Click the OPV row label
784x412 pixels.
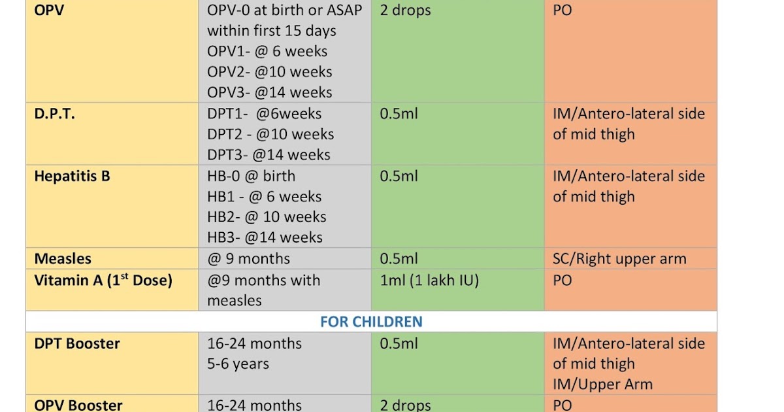pyautogui.click(x=49, y=11)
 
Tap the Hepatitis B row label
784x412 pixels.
pyautogui.click(x=72, y=176)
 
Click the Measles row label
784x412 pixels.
pyautogui.click(x=63, y=259)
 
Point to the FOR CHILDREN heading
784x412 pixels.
pyautogui.click(x=371, y=322)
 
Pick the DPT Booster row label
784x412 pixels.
pyautogui.click(x=77, y=343)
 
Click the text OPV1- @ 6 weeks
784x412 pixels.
pyautogui.click(x=267, y=52)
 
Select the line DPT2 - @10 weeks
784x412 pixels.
pyautogui.click(x=270, y=134)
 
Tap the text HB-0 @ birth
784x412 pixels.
pyautogui.click(x=252, y=176)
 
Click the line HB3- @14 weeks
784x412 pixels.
pyautogui.click(x=265, y=237)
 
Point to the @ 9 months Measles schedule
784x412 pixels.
pyautogui.click(x=249, y=259)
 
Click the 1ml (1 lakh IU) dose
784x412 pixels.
pyautogui.click(x=429, y=281)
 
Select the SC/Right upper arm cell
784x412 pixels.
pyautogui.click(x=619, y=259)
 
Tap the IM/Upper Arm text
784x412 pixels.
pyautogui.click(x=602, y=385)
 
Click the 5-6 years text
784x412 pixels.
pyautogui.click(x=238, y=364)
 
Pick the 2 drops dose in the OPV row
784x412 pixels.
pyautogui.click(x=405, y=11)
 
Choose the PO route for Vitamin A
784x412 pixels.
pyautogui.click(x=563, y=281)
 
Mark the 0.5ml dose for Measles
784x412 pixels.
pyautogui.click(x=399, y=259)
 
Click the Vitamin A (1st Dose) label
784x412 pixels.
pyautogui.click(x=103, y=280)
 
